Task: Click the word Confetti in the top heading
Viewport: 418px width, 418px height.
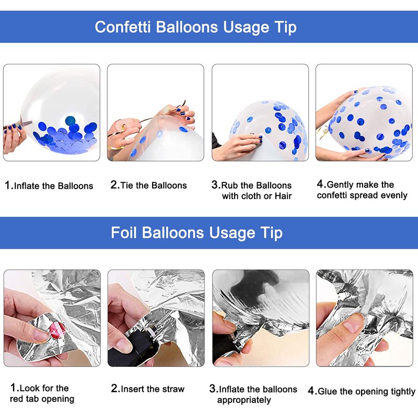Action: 123,27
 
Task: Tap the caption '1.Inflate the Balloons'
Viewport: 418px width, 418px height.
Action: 49,185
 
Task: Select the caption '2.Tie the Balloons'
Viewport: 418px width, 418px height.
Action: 149,185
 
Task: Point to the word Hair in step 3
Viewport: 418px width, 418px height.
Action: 283,196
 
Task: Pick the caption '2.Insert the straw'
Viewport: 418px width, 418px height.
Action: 148,389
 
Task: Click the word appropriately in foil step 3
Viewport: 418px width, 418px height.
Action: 244,400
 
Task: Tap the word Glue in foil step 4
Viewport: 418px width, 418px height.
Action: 328,391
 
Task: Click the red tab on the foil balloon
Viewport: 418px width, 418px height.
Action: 57,330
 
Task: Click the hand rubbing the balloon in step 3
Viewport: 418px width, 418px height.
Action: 237,145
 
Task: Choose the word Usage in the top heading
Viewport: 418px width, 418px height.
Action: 246,28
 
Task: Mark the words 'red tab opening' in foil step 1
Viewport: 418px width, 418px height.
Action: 42,399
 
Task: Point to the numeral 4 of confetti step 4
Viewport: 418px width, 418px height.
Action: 320,184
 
